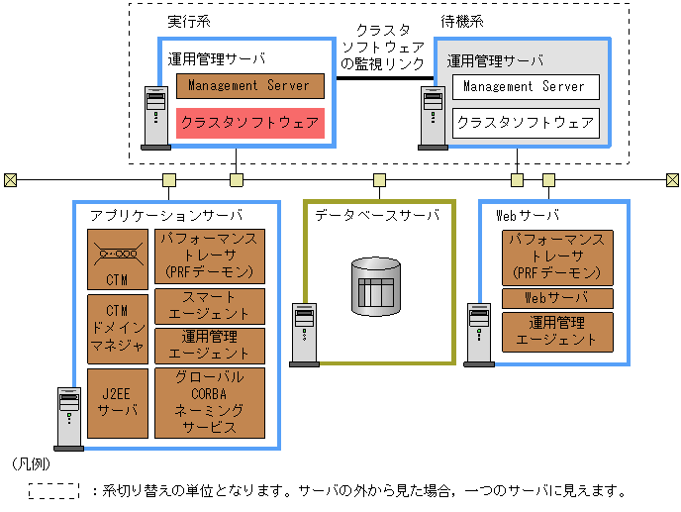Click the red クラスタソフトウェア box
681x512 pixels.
point(249,123)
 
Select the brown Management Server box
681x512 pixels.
point(249,86)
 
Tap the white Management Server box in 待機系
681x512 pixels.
point(525,87)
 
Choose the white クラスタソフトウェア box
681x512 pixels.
point(525,123)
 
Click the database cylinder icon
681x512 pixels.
point(376,285)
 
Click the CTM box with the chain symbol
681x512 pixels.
point(118,257)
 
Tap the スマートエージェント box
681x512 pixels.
point(210,305)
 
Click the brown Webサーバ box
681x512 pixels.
point(556,298)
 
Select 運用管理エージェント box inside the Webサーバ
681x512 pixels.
point(556,331)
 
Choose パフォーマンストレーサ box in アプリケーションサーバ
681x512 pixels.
point(210,256)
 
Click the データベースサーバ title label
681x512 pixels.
point(377,215)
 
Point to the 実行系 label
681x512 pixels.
point(183,22)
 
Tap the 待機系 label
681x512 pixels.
point(461,22)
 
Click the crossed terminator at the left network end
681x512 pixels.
point(10,180)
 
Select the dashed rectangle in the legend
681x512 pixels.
point(52,490)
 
